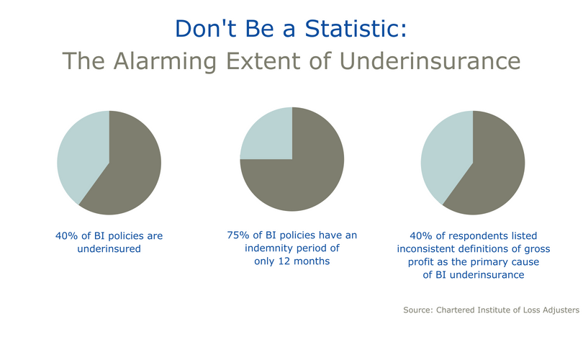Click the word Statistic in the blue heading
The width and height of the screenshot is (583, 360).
point(356,28)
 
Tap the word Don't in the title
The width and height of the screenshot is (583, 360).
point(205,28)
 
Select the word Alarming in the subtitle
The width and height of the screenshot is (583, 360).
point(165,61)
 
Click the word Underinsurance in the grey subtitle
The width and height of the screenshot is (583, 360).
point(430,61)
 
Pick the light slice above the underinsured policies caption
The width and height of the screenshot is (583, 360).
point(80,156)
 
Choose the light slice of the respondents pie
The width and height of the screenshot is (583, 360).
point(444,156)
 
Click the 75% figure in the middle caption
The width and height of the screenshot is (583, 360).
point(238,235)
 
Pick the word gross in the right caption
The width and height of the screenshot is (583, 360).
point(537,249)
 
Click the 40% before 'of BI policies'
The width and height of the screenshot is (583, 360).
point(67,236)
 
